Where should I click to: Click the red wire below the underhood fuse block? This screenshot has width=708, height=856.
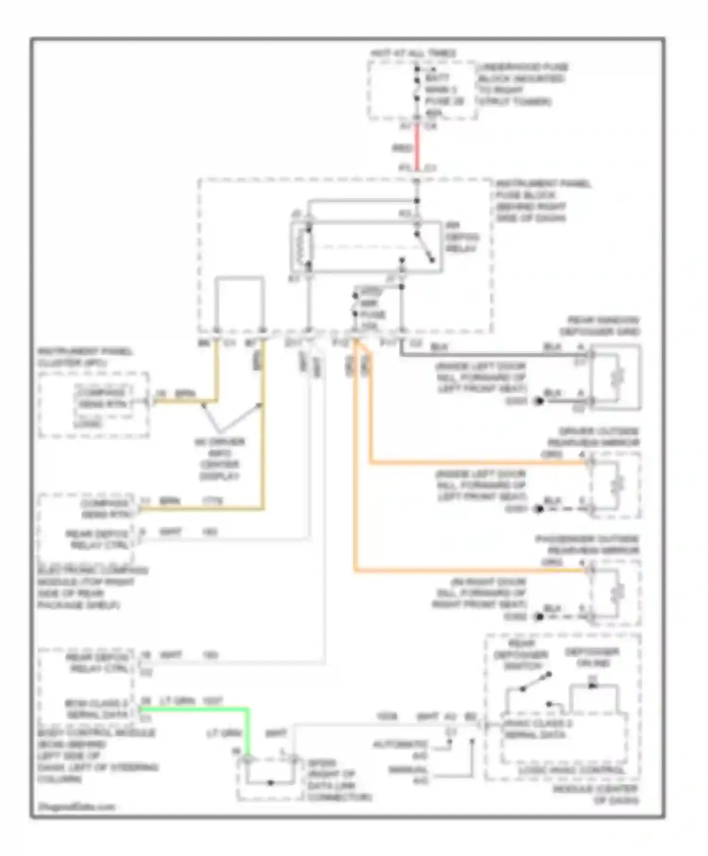417,147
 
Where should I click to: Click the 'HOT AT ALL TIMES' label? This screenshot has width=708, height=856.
413,53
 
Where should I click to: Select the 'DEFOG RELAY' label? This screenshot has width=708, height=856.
461,237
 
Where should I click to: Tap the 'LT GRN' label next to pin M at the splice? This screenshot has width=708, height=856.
224,734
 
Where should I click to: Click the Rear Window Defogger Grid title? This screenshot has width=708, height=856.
599,326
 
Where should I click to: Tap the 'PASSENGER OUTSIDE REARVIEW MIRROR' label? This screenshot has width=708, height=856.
588,545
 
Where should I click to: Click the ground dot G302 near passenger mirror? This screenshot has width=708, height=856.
538,617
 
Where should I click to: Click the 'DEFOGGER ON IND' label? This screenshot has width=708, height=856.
592,657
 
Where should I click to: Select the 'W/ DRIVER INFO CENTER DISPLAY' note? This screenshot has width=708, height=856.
219,459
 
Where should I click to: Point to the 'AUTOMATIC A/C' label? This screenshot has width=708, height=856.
401,749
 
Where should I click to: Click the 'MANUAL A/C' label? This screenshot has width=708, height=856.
409,775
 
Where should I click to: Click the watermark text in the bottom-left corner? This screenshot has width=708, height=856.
76,806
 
